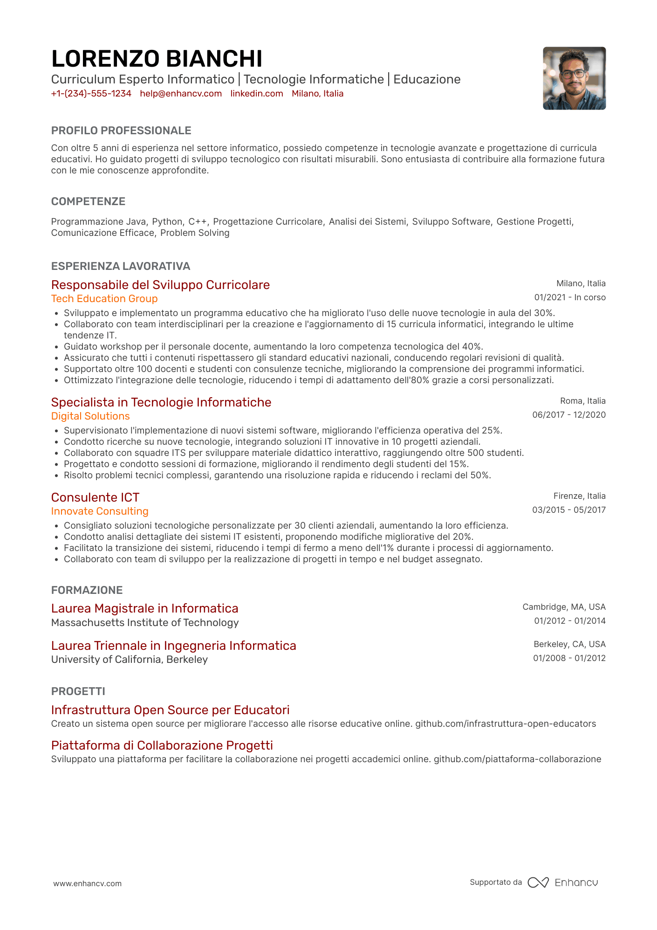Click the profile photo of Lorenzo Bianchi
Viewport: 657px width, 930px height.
pos(574,78)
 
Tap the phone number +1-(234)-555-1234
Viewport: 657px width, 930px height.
pos(91,94)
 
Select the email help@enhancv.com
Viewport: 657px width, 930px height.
pos(181,94)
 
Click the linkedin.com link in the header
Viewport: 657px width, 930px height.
pos(257,94)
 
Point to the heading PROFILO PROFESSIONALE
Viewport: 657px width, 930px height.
pos(121,131)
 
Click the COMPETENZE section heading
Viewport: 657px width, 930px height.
pos(88,201)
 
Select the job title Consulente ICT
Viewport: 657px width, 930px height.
pos(95,497)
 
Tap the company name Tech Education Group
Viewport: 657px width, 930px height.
pos(104,299)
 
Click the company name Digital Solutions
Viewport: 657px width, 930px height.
pos(90,416)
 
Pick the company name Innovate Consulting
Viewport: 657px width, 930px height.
pos(100,511)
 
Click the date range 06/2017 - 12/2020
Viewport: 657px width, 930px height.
pos(569,415)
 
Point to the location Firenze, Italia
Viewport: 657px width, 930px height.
pos(579,496)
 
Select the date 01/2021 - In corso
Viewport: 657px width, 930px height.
pos(570,297)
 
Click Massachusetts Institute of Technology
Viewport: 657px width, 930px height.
pos(145,623)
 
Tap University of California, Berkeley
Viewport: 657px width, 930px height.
pos(130,660)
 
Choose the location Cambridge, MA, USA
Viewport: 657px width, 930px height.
pos(564,607)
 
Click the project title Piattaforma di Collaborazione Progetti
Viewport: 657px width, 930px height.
pos(162,745)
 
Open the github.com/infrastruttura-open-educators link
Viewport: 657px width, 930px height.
pos(506,724)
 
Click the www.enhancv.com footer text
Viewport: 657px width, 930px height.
pos(88,883)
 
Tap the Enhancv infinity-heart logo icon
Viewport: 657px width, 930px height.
pos(538,882)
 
